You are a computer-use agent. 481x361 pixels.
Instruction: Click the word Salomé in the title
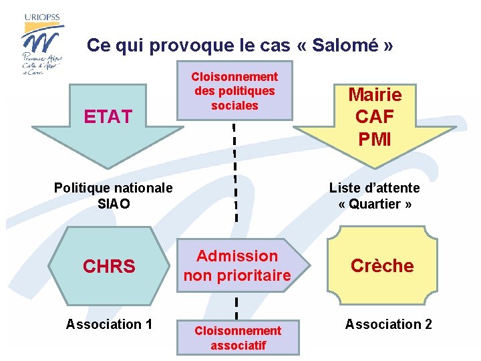point(346,45)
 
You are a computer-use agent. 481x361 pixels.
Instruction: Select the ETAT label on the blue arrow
point(107,117)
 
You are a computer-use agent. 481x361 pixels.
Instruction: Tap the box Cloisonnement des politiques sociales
point(234,91)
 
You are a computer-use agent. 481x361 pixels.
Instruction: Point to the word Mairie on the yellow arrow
point(374,94)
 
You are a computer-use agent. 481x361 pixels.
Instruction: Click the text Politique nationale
point(113,188)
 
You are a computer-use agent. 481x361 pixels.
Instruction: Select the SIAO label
point(114,203)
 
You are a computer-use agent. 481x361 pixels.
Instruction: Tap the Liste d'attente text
point(374,188)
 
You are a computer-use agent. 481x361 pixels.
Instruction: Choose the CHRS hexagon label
point(109,267)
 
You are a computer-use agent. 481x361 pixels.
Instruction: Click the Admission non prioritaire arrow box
point(237,265)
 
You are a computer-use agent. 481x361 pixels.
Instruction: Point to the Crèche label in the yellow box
point(382,265)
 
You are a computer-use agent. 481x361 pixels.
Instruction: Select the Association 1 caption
point(109,324)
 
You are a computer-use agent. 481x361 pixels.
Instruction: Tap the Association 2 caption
point(388,324)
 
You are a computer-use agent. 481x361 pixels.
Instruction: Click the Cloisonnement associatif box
point(237,338)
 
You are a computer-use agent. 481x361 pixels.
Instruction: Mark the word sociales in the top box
point(234,106)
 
